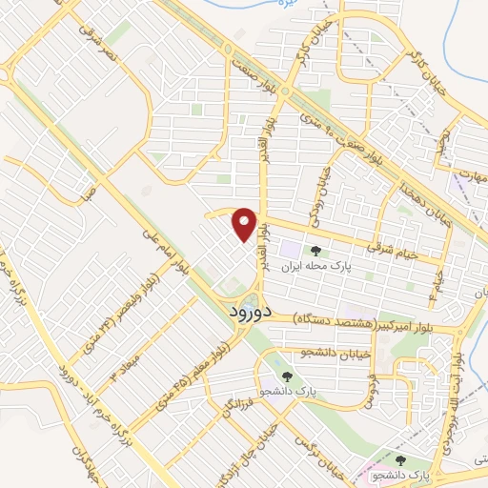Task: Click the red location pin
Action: [x=246, y=224]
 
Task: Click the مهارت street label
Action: [x=464, y=174]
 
